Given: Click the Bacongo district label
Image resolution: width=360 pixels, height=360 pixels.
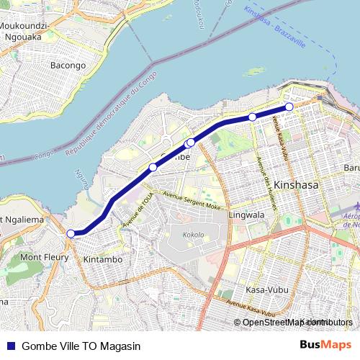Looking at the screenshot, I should [68, 66].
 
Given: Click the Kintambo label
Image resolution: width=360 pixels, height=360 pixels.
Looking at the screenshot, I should [102, 258].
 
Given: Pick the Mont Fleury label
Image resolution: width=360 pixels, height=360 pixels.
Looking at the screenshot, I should [44, 256].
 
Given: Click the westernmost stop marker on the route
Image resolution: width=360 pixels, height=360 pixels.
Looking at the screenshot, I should [71, 233].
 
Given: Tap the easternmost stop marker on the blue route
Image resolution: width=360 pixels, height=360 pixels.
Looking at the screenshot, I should [289, 107].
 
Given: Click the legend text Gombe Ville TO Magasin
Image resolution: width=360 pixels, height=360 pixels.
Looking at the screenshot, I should [80, 346].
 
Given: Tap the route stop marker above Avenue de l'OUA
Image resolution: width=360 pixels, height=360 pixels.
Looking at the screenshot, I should [153, 168].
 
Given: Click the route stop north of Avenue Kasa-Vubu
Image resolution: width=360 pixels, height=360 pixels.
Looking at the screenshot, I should [253, 117].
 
